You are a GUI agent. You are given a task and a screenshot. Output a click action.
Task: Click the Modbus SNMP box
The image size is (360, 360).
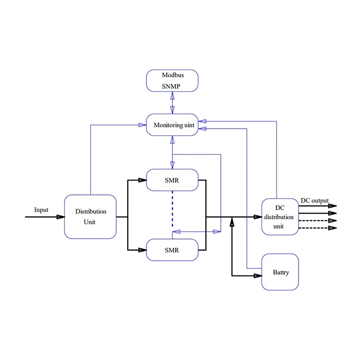[x=172, y=81]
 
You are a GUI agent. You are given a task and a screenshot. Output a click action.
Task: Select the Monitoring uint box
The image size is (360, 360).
[x=172, y=126]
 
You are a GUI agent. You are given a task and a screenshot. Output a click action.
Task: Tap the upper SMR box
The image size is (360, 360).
[x=172, y=180]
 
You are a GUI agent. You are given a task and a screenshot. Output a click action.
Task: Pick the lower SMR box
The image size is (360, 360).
[x=172, y=250]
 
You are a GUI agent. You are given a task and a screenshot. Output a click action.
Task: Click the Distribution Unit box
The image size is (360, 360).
[x=91, y=216]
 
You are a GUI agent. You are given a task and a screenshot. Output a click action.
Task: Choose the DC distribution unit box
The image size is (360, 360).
[x=280, y=216]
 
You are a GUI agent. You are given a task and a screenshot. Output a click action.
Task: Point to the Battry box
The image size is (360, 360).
[x=280, y=272]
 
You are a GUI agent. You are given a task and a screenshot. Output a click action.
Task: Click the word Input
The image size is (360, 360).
[x=41, y=210]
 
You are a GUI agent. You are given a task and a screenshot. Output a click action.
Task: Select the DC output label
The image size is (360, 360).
[x=315, y=200]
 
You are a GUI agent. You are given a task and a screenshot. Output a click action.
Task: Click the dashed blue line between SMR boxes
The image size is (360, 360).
[x=172, y=210]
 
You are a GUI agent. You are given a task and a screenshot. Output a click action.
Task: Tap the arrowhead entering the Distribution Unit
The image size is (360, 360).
[x=61, y=216]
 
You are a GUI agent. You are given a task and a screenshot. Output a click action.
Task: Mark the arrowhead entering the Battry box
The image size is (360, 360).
[x=258, y=276]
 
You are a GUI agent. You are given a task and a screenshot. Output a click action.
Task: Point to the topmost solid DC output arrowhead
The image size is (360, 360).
[x=333, y=205]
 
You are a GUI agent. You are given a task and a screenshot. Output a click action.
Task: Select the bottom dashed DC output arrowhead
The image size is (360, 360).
[x=333, y=228]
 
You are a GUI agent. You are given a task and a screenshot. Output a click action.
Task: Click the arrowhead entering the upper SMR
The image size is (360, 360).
[x=143, y=180]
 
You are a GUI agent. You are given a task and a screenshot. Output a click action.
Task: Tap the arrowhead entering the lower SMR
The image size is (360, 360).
[x=143, y=250]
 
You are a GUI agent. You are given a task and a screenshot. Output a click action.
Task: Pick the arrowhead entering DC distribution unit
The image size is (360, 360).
[x=258, y=216]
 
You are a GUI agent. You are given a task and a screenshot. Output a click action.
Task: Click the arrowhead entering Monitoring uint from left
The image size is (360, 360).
[x=143, y=125]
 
